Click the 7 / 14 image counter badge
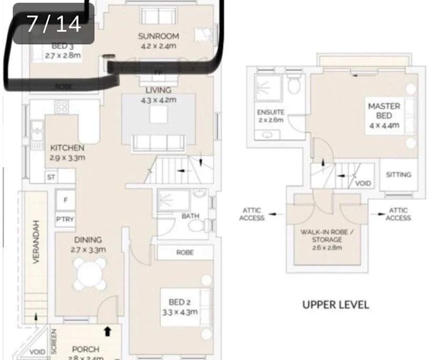point(54,24)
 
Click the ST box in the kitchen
point(51,177)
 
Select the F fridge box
point(65,200)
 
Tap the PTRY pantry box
point(65,219)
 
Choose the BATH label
point(190,216)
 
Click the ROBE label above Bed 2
point(185,253)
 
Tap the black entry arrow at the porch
point(108,331)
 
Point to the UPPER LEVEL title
point(335,305)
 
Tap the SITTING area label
point(398,175)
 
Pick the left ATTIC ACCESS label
point(252,214)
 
